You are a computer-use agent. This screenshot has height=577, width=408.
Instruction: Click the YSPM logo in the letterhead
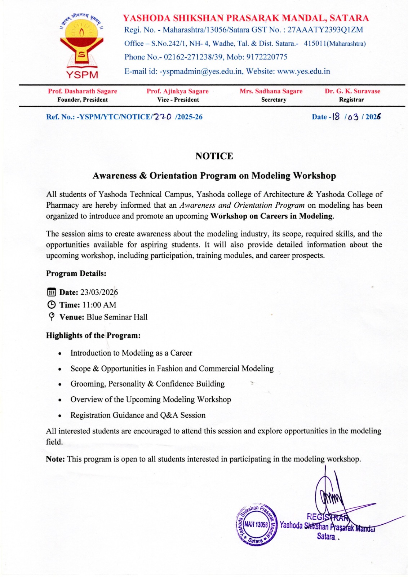point(82,45)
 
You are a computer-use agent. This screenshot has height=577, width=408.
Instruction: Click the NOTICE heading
point(214,156)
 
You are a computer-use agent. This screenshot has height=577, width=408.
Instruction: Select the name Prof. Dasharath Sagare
point(83,91)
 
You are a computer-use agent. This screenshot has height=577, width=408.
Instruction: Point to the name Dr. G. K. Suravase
point(352,91)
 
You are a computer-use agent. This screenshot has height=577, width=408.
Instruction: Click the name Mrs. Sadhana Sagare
point(271,91)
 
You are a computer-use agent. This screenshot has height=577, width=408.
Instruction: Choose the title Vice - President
point(178,100)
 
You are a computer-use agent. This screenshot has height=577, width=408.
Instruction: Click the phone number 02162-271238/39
point(195,57)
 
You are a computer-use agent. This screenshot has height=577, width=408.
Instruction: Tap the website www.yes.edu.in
point(303,71)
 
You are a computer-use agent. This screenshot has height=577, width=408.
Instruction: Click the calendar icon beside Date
point(52,292)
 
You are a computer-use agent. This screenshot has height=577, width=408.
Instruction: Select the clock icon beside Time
point(52,305)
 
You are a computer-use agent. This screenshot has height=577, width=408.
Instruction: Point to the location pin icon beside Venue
point(52,317)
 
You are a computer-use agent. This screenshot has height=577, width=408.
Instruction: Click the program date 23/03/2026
point(99,292)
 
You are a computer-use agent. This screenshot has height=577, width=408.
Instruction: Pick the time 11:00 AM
point(99,305)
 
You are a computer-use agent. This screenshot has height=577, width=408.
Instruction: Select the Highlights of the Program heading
point(93,335)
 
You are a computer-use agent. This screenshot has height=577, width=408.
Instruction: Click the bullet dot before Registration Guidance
point(60,416)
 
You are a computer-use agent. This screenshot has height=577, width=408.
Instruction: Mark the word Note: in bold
point(55,459)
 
